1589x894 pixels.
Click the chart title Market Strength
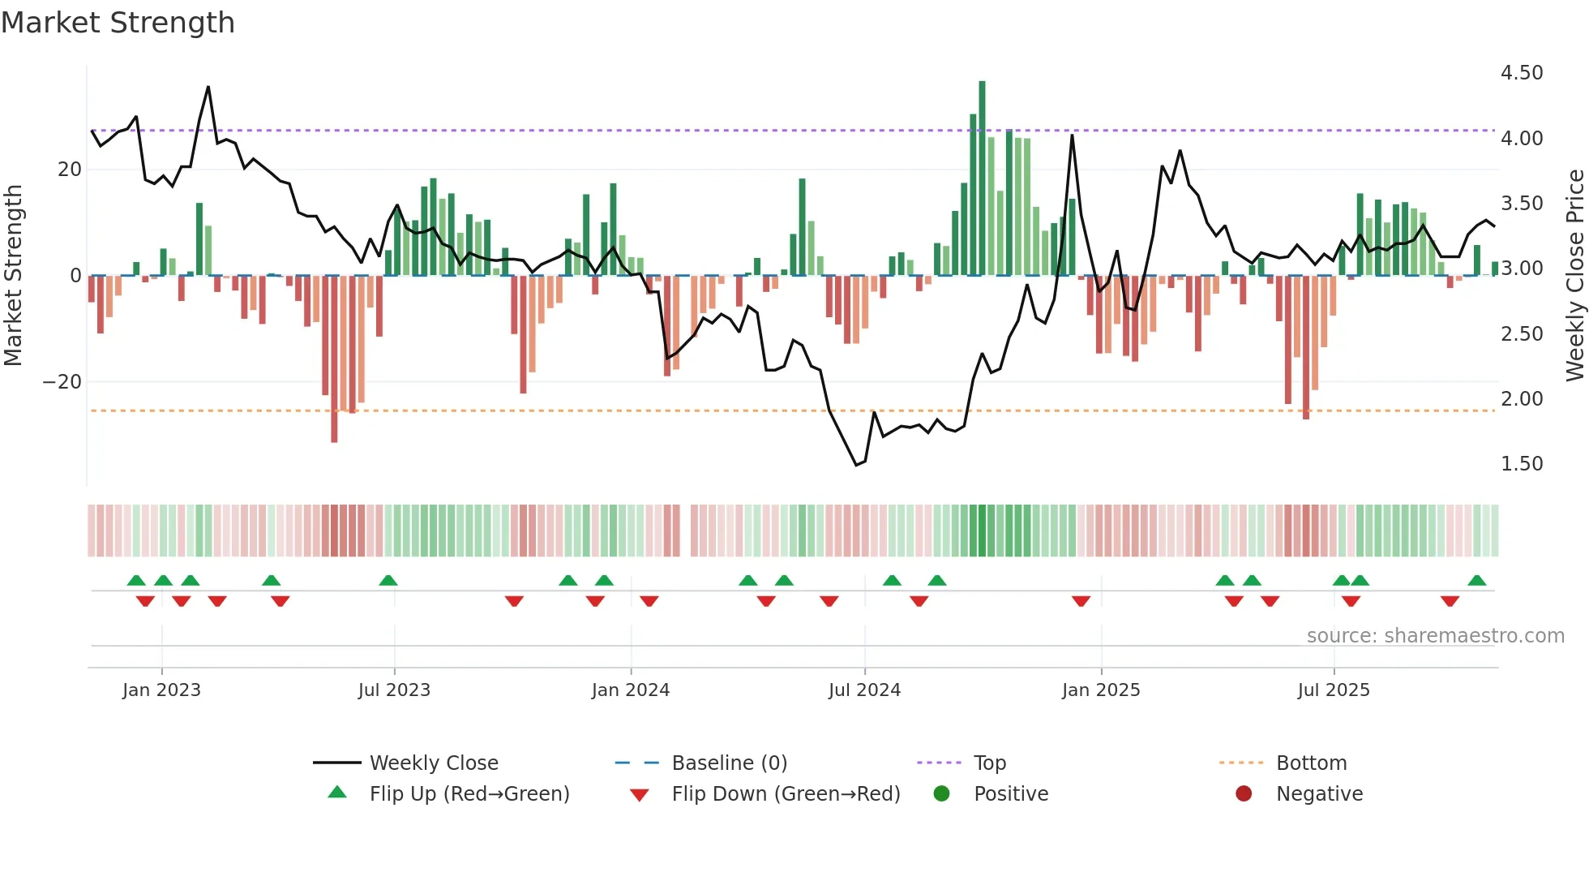(118, 23)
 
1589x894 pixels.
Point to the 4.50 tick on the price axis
(1521, 73)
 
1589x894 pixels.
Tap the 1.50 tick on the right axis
(1521, 464)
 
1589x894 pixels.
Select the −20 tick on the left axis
(62, 382)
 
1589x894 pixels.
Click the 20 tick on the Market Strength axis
(70, 170)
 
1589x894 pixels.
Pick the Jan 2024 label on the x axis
(630, 690)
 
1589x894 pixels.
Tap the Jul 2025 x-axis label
(1333, 690)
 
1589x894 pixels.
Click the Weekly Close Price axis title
(1574, 276)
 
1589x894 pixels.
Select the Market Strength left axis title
(13, 276)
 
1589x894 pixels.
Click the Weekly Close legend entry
(433, 763)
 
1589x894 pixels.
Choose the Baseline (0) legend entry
(729, 763)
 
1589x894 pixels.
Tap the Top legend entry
(989, 763)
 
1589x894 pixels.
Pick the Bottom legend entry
(1311, 763)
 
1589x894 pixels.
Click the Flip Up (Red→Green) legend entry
(469, 794)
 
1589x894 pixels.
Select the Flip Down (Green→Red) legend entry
(785, 794)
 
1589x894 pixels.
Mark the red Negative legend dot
(1243, 793)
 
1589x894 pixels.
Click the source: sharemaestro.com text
(1435, 636)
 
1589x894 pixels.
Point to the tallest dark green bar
(982, 178)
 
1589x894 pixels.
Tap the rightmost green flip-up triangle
(1476, 581)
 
